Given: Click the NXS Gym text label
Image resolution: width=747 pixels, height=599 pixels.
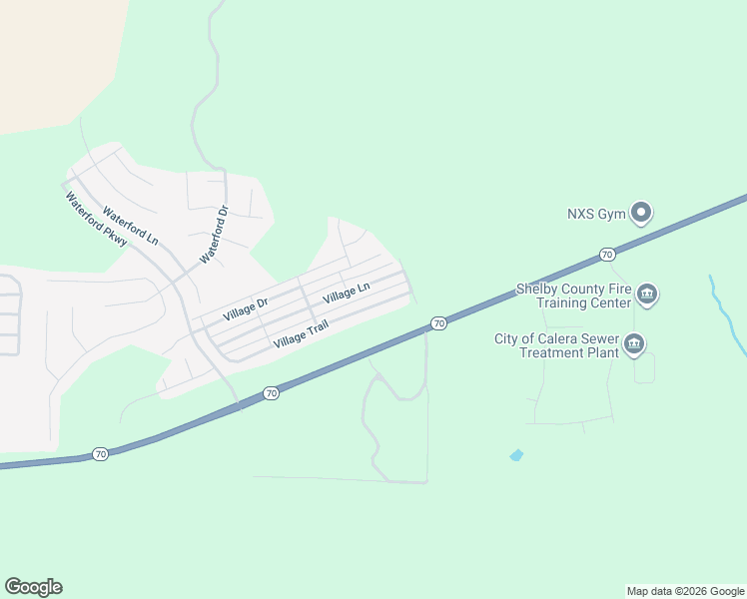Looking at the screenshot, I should (x=595, y=214).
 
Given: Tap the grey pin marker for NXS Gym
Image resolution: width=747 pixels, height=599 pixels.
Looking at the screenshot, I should (x=642, y=213).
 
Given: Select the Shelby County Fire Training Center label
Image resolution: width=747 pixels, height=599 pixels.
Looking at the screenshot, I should (x=573, y=296).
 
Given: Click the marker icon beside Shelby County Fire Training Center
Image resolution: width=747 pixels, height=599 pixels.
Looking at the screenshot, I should (x=646, y=294).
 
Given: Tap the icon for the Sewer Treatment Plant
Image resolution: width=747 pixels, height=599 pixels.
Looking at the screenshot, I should (x=633, y=345).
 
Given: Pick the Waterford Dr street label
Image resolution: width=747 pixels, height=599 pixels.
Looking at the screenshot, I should (x=215, y=235).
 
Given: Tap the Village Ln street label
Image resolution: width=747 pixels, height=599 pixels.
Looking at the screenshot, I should (x=347, y=293).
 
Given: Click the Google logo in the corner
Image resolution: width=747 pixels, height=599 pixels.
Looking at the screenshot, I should (x=33, y=587).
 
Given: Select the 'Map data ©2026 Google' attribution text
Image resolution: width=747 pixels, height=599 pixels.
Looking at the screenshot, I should (x=686, y=591).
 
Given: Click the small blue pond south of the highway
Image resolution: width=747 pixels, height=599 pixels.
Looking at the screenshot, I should (x=516, y=455).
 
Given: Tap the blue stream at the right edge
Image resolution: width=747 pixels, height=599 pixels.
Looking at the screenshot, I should (x=728, y=312).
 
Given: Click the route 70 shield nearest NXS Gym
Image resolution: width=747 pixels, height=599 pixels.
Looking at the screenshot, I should (x=607, y=256).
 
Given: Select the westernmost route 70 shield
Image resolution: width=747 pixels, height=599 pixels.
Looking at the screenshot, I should (x=100, y=454).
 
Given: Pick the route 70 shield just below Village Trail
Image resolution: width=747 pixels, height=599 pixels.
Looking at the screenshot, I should (x=271, y=394).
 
